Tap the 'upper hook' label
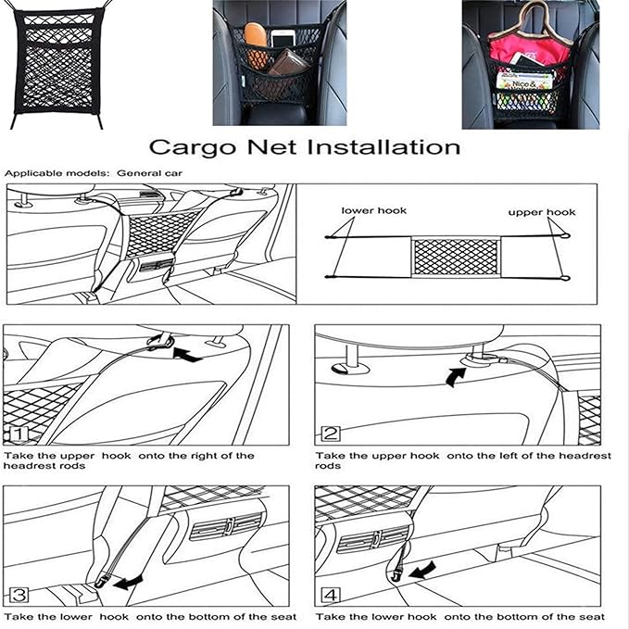[542, 212]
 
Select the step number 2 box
[329, 433]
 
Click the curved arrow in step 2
[454, 375]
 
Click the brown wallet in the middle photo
[289, 64]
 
